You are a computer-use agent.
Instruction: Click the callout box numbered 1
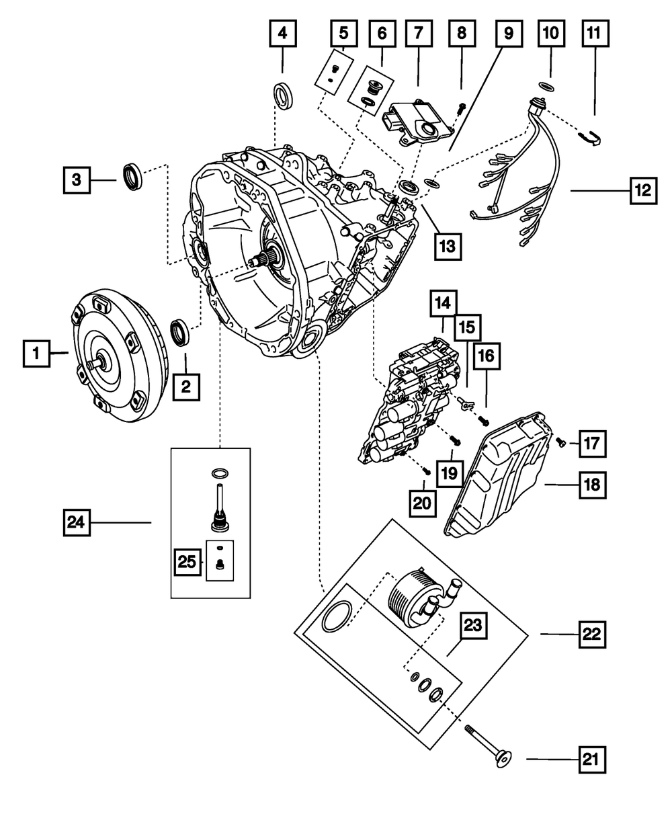click(37, 352)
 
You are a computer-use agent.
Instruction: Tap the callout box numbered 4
click(283, 34)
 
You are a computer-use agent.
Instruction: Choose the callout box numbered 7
click(419, 34)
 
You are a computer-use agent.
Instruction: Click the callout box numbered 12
click(643, 191)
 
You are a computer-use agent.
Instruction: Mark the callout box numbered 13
click(448, 245)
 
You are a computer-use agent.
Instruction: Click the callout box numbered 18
click(593, 483)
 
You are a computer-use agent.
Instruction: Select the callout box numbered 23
click(473, 628)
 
